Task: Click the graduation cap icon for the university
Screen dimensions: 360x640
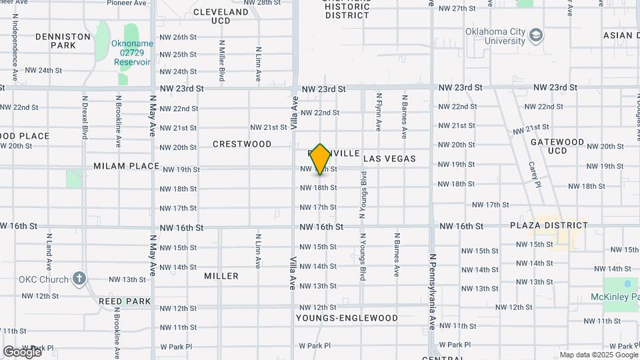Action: (535, 35)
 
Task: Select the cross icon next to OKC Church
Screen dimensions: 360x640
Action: (79, 278)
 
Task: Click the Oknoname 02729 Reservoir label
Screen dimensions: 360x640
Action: (131, 53)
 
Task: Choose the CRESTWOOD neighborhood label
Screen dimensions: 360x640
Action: (242, 144)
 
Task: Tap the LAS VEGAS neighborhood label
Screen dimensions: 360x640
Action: (389, 159)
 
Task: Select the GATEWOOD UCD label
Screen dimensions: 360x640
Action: (557, 147)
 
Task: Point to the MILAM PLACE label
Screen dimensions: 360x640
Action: (126, 166)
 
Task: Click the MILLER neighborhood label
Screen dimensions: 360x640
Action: (221, 276)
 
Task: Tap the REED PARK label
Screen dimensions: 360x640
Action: (125, 301)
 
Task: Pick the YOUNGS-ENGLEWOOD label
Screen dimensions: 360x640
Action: (347, 318)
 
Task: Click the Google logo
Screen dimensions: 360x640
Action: (22, 351)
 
